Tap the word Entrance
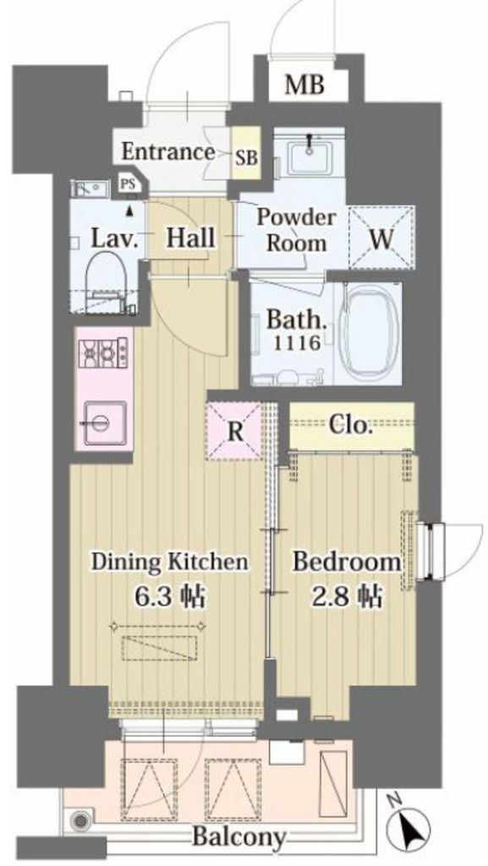pyautogui.click(x=167, y=151)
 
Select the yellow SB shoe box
pyautogui.click(x=246, y=152)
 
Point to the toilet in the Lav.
pyautogui.click(x=107, y=279)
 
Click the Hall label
pyautogui.click(x=190, y=238)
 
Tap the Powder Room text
pyautogui.click(x=297, y=230)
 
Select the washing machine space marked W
pyautogui.click(x=381, y=238)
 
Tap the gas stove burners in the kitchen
pyautogui.click(x=105, y=354)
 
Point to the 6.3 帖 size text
pyautogui.click(x=170, y=596)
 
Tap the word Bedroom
pyautogui.click(x=347, y=562)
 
